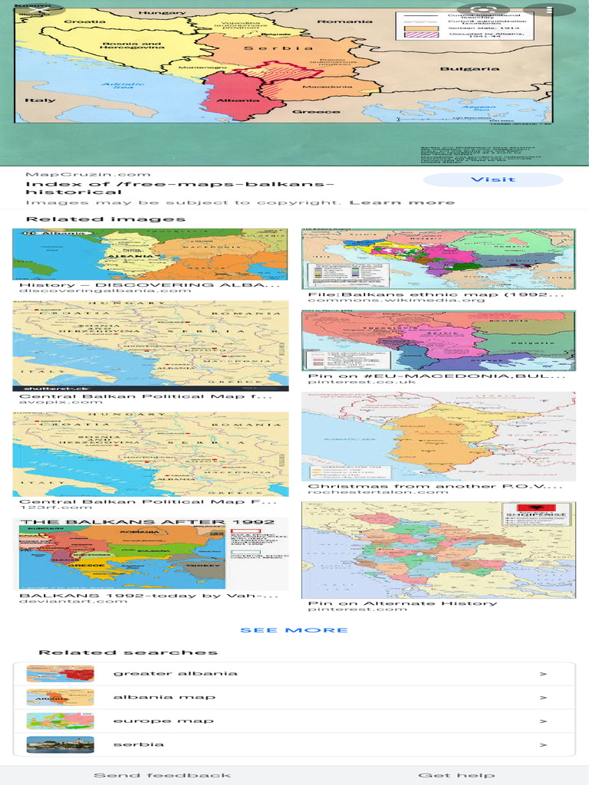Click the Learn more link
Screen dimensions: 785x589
point(402,202)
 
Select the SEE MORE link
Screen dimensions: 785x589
point(294,630)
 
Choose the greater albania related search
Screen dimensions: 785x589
point(175,674)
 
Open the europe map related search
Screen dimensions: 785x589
point(163,721)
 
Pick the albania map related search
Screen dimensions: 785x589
point(164,698)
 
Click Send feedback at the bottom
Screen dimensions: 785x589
point(162,775)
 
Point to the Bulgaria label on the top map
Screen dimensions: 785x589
point(469,69)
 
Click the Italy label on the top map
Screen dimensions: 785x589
point(40,100)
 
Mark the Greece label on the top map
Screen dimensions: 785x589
point(316,112)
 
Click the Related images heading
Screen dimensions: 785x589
point(106,219)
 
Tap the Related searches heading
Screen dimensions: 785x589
point(127,652)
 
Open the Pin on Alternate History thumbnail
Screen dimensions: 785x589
point(438,550)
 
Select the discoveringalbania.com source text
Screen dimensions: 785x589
point(105,290)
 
